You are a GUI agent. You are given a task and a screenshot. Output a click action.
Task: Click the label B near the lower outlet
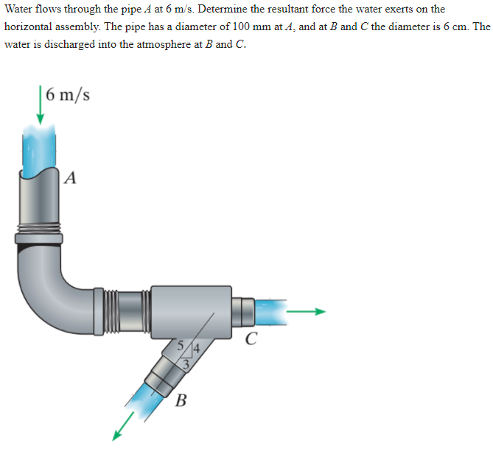click(x=181, y=401)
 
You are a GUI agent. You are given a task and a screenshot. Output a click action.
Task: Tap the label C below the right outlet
click(x=252, y=339)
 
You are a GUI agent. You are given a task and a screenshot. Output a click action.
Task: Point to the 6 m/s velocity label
click(x=67, y=96)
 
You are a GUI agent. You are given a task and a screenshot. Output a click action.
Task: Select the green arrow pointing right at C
click(x=305, y=311)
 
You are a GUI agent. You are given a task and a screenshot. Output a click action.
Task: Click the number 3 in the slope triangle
click(x=186, y=362)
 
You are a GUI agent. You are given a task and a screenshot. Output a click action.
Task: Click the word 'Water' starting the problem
click(x=19, y=9)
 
